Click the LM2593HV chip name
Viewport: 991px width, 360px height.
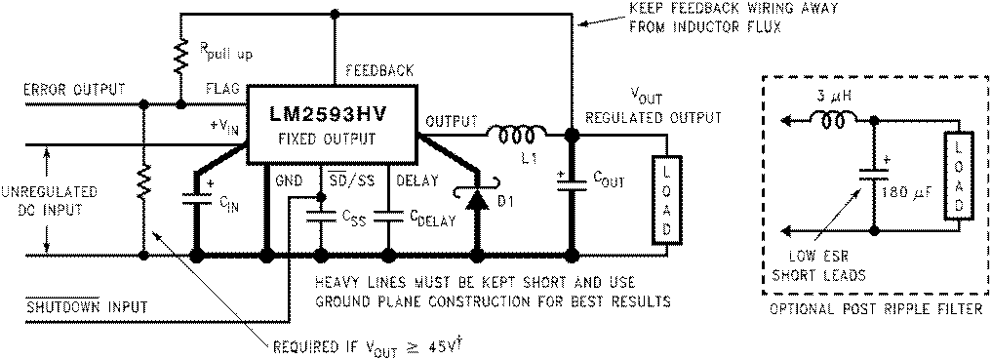[x=329, y=113]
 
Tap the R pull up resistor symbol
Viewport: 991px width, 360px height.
[x=180, y=58]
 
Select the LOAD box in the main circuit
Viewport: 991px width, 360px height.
[x=668, y=199]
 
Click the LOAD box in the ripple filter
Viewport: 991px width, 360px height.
[x=957, y=174]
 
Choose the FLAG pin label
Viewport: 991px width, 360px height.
[x=221, y=90]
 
